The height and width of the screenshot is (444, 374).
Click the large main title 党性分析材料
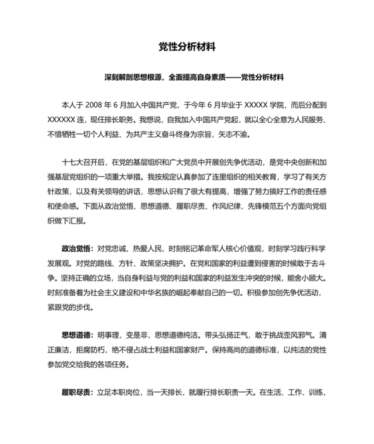click(x=187, y=47)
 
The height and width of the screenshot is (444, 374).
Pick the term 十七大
click(x=73, y=162)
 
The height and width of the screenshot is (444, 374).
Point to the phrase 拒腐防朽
click(x=94, y=349)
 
